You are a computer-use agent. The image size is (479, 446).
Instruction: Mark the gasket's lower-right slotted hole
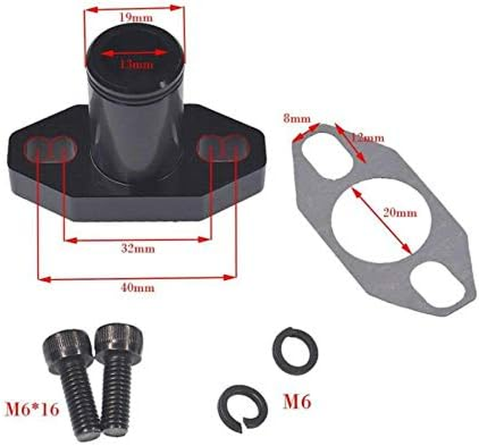(435, 285)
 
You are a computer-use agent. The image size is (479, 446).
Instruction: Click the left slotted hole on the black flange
(50, 149)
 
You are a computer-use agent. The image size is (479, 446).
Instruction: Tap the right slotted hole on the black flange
(222, 147)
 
